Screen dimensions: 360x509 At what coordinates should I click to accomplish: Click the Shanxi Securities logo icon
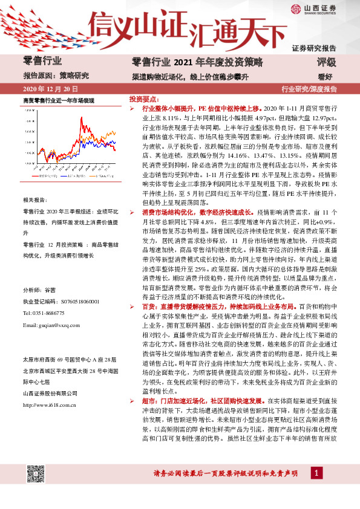click(295, 8)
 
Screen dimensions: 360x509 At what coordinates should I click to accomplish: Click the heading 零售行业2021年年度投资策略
click(197, 62)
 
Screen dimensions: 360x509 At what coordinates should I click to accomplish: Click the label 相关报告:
click(35, 199)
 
